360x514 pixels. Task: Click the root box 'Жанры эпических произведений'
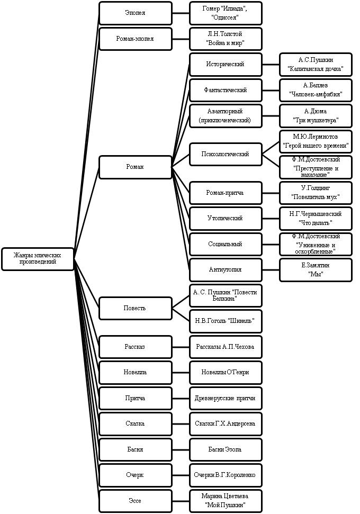38,259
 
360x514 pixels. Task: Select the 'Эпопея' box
136,13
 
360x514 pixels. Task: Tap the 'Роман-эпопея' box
136,39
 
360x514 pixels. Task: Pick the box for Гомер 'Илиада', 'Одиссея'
226,13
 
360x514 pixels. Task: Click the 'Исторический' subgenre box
226,64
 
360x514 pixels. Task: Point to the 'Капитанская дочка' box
316,64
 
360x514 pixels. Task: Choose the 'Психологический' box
226,154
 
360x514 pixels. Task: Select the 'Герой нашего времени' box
316,141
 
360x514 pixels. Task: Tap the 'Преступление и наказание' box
316,167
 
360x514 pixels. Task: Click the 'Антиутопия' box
226,270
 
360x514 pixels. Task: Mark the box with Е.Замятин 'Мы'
316,270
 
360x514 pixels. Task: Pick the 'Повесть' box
136,308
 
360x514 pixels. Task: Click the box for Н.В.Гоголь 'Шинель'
226,321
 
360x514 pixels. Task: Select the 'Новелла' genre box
136,372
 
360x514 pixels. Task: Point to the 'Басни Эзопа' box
226,449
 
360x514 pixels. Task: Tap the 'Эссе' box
136,501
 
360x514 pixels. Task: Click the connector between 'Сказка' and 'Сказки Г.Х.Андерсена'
181,424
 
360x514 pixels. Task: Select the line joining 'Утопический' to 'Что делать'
271,218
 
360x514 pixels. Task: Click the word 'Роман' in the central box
135,167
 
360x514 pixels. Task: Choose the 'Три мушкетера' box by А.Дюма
316,116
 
